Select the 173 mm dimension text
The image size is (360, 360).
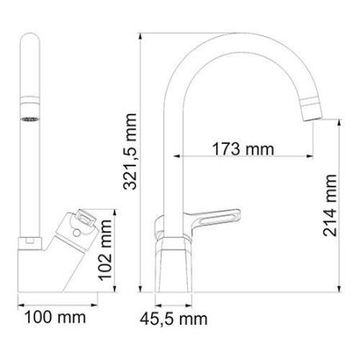pos(240,149)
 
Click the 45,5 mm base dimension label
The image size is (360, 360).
pos(174,319)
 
